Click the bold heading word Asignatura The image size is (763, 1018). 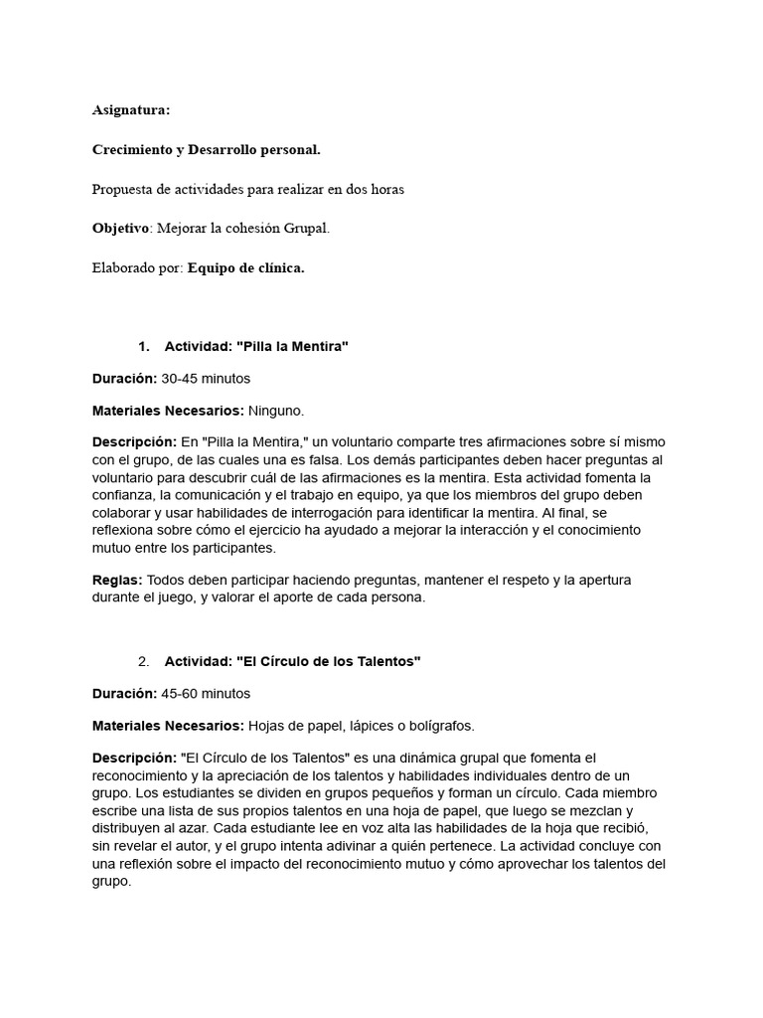131,110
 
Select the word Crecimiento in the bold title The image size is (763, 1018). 132,150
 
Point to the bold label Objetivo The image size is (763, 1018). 120,228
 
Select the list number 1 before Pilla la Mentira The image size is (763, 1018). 144,346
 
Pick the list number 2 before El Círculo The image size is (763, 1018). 144,661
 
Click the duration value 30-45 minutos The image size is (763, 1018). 206,378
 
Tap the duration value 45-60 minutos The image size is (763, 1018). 206,693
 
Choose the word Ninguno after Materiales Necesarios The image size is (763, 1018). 275,410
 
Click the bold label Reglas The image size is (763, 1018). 116,580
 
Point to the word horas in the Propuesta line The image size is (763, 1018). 384,189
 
